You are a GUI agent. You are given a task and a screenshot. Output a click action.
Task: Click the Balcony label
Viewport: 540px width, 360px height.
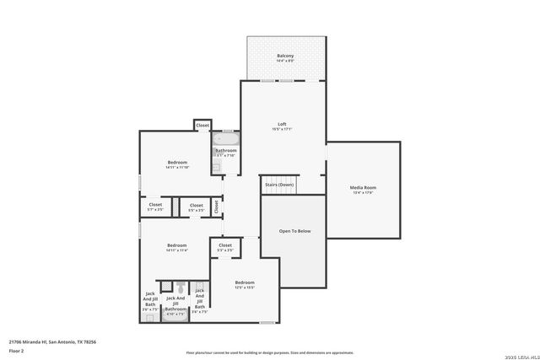click(x=285, y=56)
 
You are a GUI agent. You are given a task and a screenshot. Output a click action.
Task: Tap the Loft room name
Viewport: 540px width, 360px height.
click(x=282, y=124)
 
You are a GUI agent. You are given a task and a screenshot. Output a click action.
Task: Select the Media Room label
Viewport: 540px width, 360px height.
click(x=363, y=187)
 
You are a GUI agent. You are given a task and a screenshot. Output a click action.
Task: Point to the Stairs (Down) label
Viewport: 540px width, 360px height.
click(x=279, y=184)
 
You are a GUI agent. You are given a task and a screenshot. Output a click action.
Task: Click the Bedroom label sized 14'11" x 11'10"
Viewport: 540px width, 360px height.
click(x=177, y=162)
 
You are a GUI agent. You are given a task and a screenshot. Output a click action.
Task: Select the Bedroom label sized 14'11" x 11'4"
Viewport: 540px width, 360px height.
click(x=177, y=245)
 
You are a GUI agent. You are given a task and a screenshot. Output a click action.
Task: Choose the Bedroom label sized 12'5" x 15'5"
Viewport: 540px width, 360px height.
click(x=245, y=282)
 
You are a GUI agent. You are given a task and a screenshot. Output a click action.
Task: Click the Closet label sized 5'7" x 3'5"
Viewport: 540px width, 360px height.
click(x=155, y=204)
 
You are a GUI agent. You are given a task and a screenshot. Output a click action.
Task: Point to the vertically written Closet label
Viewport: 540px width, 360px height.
click(x=216, y=205)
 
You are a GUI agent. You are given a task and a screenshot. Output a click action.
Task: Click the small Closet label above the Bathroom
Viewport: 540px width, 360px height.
click(x=202, y=126)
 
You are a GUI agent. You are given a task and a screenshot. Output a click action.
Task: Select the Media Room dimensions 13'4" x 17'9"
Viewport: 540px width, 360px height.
click(x=363, y=193)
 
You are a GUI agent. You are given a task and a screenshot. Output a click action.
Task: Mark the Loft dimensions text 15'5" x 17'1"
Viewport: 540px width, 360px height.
click(x=282, y=130)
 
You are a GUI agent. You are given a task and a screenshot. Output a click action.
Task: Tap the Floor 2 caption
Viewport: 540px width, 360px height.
click(x=16, y=350)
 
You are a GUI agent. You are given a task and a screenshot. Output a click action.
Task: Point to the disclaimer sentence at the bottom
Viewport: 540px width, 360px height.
click(x=270, y=353)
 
